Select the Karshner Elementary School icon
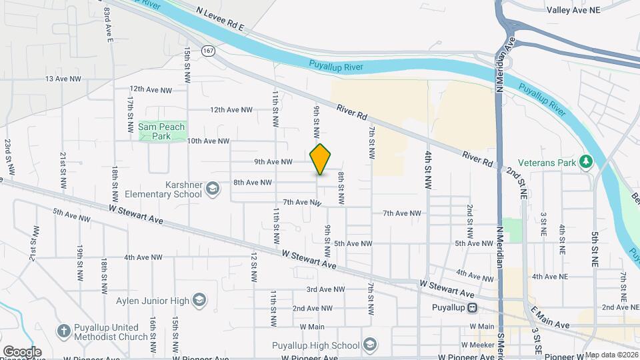coord(213,189)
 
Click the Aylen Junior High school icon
coord(199,300)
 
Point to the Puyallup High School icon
coord(371,345)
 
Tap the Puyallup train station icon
coord(472,308)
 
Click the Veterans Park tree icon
coord(586,161)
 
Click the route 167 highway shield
coord(209,51)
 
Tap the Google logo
coord(22,351)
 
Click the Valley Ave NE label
coord(574,10)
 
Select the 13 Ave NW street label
coord(63,79)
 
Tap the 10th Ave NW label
coord(208,141)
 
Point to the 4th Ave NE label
coord(550,276)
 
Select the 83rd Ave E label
coord(107,25)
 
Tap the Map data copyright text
coord(610,355)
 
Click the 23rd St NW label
coord(9,157)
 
